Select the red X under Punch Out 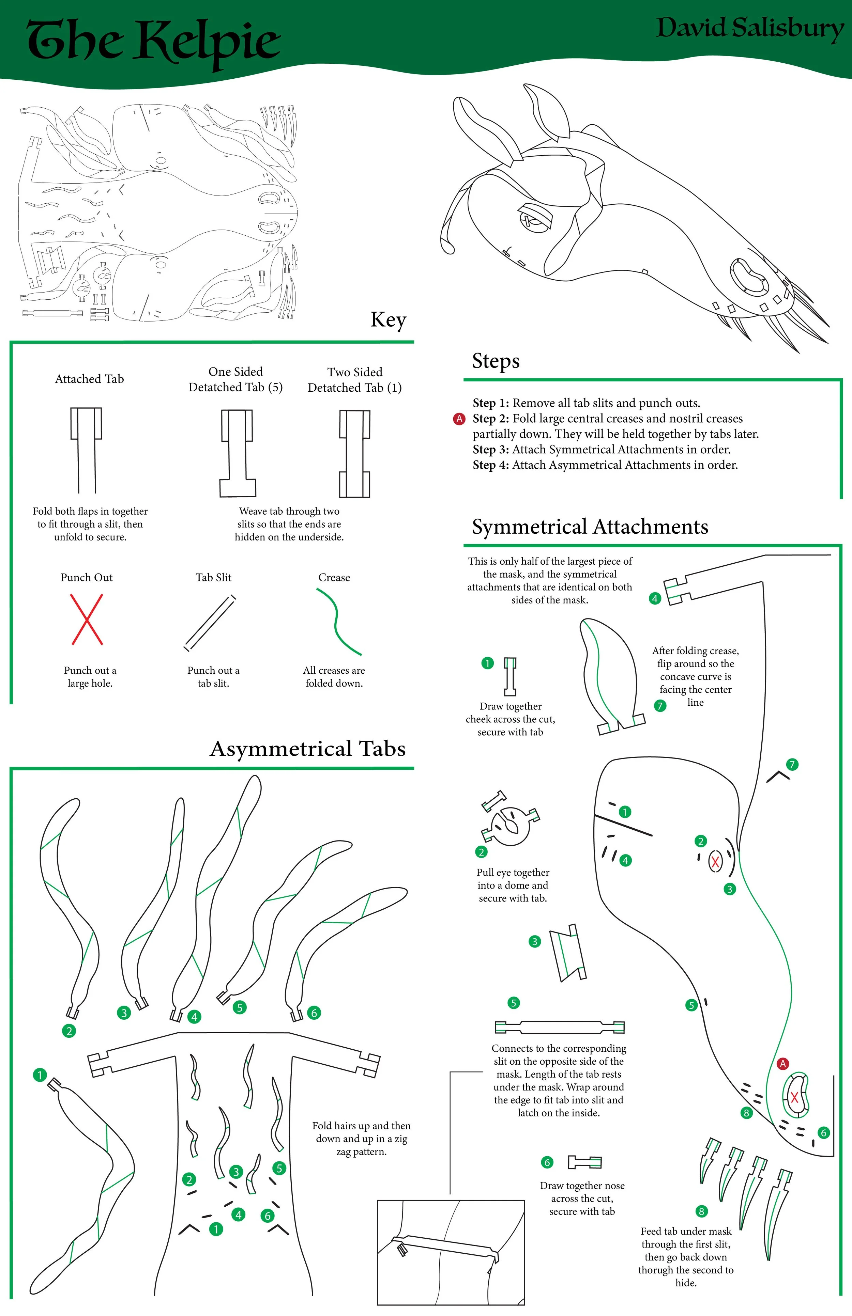[87, 619]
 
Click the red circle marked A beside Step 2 [459, 419]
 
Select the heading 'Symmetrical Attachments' [590, 527]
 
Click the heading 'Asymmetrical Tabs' [308, 749]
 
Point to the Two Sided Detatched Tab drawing [355, 453]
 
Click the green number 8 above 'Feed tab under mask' [701, 1211]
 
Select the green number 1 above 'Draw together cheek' [487, 663]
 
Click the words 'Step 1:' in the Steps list [490, 403]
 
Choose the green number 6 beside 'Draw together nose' [547, 1162]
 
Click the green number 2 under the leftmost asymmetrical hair [69, 1031]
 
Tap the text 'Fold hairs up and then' [361, 1126]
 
